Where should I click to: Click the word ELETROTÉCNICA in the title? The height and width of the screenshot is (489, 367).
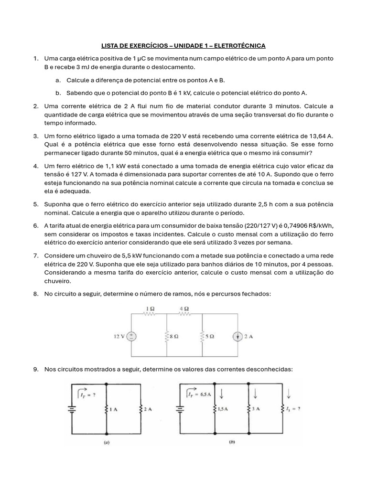point(239,46)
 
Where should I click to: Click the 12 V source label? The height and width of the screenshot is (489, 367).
point(119,336)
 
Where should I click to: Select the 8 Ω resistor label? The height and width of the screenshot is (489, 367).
point(174,336)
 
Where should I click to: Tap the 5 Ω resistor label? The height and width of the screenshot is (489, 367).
point(210,336)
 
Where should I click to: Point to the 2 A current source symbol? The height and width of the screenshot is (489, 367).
point(238,336)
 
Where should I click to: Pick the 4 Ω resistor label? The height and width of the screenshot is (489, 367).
point(184,308)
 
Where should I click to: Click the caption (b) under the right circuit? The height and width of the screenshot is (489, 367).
point(232,442)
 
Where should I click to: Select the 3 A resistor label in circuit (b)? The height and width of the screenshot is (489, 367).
point(257,409)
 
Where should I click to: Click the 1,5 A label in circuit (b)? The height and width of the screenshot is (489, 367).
point(222,409)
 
